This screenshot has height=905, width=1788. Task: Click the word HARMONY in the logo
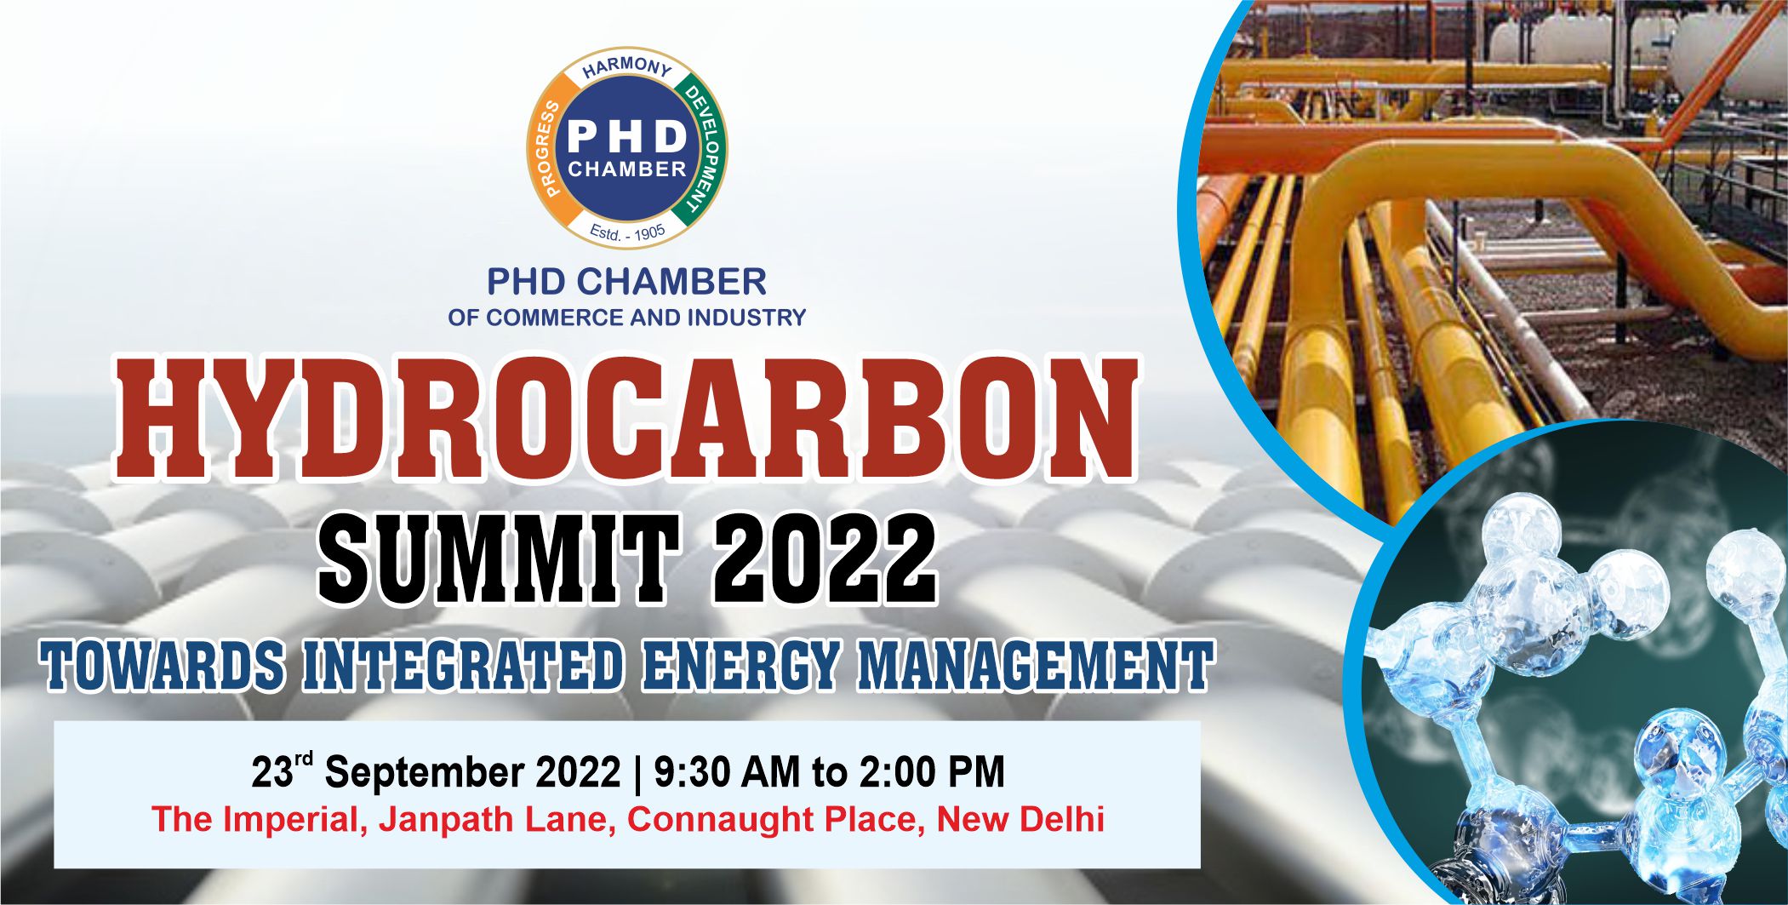(627, 68)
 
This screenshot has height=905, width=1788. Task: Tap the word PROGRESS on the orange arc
(549, 148)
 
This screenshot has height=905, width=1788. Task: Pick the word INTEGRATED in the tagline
(465, 665)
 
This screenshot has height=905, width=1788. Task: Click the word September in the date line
(430, 772)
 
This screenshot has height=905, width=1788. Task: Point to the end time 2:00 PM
(932, 772)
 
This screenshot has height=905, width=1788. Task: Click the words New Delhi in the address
(1020, 820)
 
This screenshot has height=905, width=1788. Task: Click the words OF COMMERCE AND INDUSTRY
(627, 318)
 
